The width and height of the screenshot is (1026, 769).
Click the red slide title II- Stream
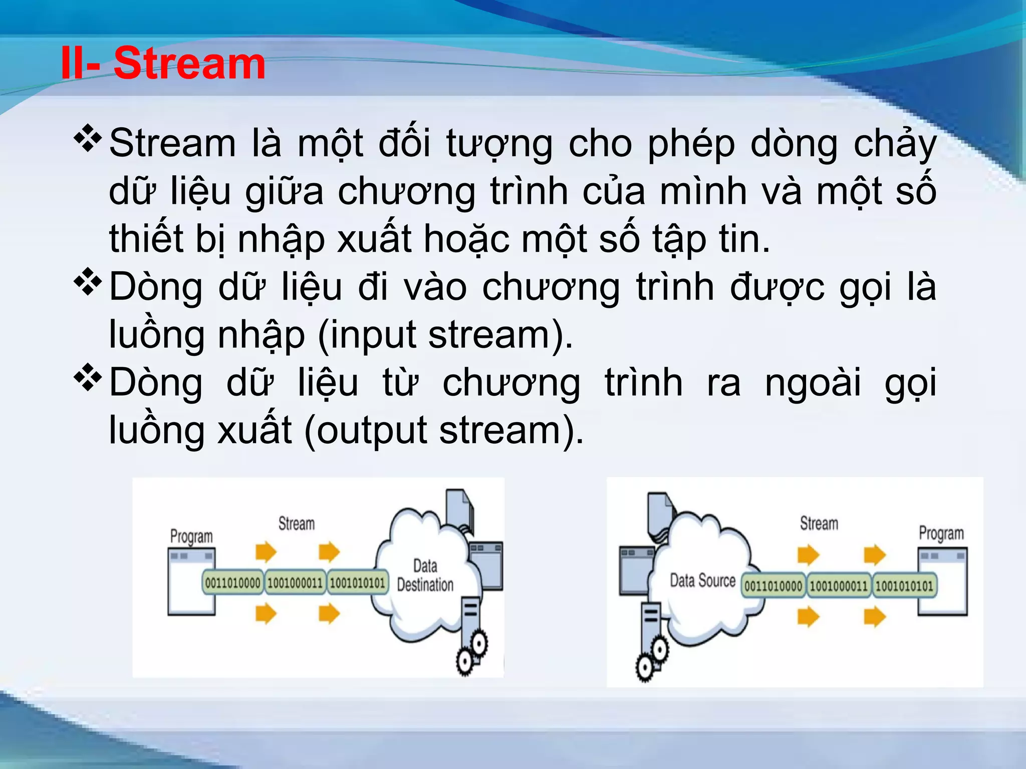[163, 64]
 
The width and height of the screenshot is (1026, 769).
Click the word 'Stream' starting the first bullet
[172, 144]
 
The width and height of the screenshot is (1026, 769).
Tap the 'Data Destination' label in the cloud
[425, 576]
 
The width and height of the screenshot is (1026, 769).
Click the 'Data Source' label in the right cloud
[702, 581]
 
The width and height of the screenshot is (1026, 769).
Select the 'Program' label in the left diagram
[191, 536]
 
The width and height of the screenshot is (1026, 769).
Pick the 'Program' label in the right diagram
[941, 533]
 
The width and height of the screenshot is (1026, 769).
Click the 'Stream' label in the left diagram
[297, 524]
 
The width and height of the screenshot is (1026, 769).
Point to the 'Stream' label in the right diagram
[819, 524]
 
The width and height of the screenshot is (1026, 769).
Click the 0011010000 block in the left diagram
[233, 583]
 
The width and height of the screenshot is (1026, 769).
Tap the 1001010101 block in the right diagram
[904, 586]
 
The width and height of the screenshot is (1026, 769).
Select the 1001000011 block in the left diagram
[295, 583]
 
